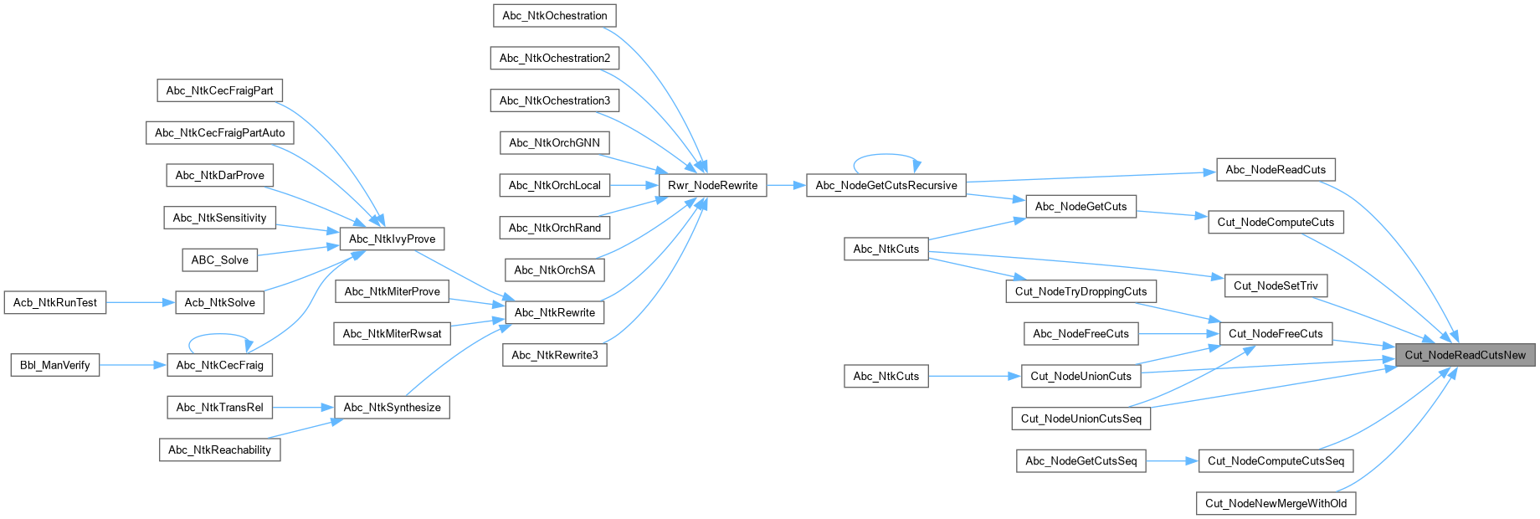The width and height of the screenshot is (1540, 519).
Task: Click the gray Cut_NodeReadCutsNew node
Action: (1465, 355)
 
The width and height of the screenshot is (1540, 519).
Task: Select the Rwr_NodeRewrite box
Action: (712, 185)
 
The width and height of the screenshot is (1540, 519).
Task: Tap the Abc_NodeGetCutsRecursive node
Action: (885, 185)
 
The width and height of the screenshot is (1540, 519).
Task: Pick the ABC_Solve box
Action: (219, 259)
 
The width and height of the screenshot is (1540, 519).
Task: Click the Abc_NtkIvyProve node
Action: (392, 239)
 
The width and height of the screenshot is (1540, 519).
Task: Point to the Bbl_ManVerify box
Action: (54, 365)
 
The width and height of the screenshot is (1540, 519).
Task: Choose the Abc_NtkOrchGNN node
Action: (554, 142)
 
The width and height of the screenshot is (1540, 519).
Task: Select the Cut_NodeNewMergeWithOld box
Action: (1276, 503)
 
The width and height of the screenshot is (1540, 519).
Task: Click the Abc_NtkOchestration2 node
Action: (554, 58)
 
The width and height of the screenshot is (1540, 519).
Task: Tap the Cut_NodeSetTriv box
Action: (1276, 285)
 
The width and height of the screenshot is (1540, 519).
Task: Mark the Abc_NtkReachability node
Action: (219, 450)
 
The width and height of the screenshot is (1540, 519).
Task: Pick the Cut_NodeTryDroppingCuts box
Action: (1081, 291)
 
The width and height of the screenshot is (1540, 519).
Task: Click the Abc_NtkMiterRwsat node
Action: (392, 333)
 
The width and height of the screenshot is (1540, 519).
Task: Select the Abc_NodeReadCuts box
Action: (1276, 170)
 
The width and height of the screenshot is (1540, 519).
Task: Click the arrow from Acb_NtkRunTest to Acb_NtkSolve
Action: (141, 302)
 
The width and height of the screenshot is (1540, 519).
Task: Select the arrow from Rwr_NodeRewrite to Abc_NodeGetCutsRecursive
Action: (786, 185)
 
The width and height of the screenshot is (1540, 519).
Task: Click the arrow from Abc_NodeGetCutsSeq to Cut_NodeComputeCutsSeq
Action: (1172, 460)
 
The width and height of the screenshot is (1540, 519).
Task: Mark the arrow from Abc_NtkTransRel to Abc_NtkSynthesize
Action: (303, 408)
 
